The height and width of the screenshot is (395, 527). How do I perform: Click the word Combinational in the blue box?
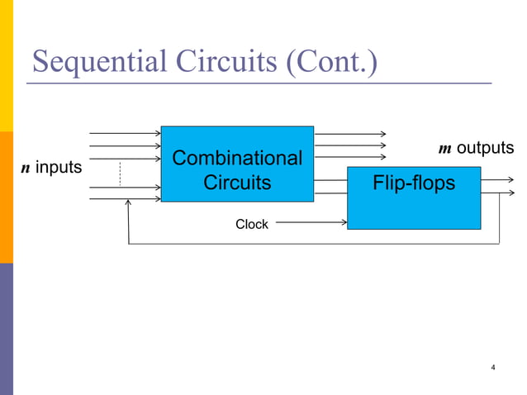click(237, 157)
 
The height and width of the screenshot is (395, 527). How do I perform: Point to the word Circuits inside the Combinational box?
click(237, 183)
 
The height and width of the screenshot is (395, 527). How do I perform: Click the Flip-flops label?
click(414, 183)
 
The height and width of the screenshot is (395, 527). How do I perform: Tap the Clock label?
click(251, 224)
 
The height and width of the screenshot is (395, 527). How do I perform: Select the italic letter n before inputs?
click(25, 169)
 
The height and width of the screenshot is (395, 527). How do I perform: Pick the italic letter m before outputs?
click(444, 149)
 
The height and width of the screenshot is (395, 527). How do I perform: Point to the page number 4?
click(493, 367)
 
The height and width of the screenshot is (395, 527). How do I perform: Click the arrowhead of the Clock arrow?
click(343, 221)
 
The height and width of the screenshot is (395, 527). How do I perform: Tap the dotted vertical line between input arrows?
click(121, 174)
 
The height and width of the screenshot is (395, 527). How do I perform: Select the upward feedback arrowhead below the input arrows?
click(128, 207)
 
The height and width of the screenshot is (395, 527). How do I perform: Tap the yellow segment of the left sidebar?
click(7, 66)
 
